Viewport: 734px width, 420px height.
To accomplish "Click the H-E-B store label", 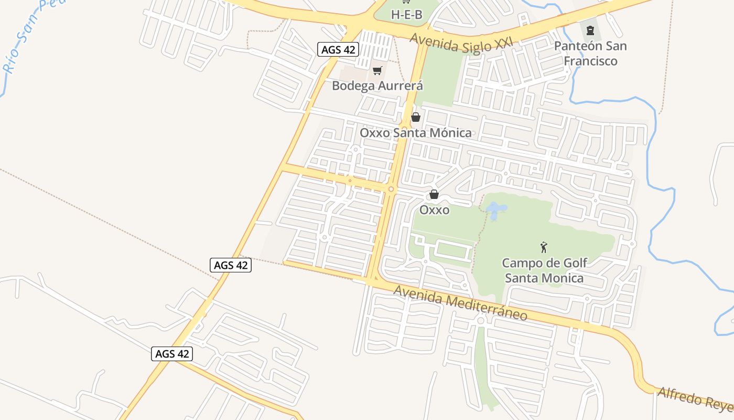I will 406,14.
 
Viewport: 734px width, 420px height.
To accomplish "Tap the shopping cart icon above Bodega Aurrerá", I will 377,70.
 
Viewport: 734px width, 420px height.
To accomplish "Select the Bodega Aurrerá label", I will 377,85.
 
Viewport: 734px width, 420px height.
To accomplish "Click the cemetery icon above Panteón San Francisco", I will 590,30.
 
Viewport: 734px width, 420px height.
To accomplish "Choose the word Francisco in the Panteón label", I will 590,61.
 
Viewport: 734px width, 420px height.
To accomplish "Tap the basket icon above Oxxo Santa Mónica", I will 416,117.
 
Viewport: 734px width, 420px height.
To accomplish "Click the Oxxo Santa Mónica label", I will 415,132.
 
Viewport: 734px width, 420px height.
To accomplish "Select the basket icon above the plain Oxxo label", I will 434,194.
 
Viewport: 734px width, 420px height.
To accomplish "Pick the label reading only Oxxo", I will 434,210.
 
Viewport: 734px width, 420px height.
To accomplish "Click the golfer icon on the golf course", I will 544,247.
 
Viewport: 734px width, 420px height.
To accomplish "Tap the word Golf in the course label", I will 574,262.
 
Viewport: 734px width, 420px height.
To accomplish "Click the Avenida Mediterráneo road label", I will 460,302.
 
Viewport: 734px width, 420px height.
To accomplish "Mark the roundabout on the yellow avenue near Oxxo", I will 391,189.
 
